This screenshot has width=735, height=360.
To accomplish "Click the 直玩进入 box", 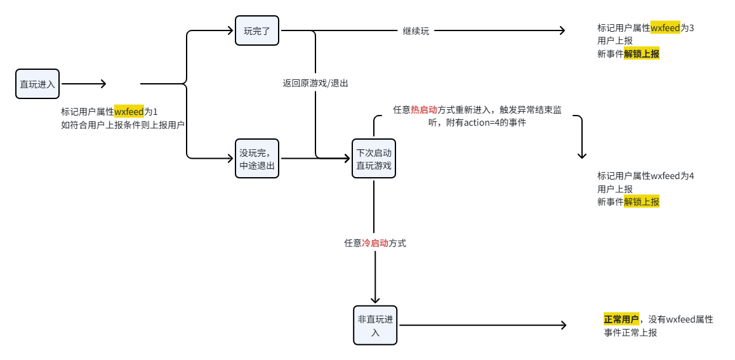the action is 37,84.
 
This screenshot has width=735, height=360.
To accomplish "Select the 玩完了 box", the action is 257,30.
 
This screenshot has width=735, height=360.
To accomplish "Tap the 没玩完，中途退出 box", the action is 257,159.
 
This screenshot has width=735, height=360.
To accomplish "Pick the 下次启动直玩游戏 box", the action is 374,159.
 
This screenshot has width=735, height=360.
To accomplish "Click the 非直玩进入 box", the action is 375,325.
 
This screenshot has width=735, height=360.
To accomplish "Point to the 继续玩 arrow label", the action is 416,31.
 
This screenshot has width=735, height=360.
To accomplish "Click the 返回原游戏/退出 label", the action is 315,83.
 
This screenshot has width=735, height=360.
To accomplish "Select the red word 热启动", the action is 424,110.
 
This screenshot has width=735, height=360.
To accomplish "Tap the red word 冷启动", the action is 375,243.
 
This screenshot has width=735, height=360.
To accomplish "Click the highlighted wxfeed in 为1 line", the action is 129,112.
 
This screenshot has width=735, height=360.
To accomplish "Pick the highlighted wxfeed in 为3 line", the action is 665,28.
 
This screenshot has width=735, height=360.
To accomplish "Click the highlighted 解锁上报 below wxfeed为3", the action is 641,54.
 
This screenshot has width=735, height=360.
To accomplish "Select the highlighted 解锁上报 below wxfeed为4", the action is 641,202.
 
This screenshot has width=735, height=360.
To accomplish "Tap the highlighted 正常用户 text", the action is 621,320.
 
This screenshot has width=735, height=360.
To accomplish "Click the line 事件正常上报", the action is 630,333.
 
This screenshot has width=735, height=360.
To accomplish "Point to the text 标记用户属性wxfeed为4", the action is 646,177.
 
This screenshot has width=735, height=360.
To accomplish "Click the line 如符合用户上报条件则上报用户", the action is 122,125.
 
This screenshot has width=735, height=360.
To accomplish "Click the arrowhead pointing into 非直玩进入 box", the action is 375,300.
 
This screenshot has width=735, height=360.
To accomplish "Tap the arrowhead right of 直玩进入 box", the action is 103,84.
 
